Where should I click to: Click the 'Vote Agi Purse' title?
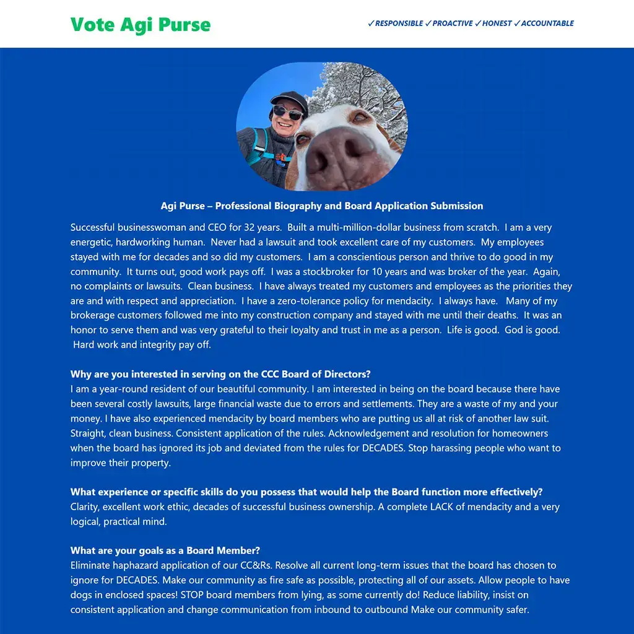click(141, 25)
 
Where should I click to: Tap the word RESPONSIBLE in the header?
click(399, 24)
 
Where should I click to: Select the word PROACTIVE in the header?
click(452, 24)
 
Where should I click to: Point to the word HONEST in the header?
click(497, 24)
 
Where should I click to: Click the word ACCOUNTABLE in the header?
click(547, 24)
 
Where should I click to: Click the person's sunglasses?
click(287, 113)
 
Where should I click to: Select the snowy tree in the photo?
click(365, 87)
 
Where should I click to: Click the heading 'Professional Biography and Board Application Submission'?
click(349, 206)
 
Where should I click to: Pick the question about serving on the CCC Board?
click(220, 375)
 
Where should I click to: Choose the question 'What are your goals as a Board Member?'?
click(165, 550)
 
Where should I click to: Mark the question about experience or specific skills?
click(306, 492)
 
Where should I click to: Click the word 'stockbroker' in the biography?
click(329, 272)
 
